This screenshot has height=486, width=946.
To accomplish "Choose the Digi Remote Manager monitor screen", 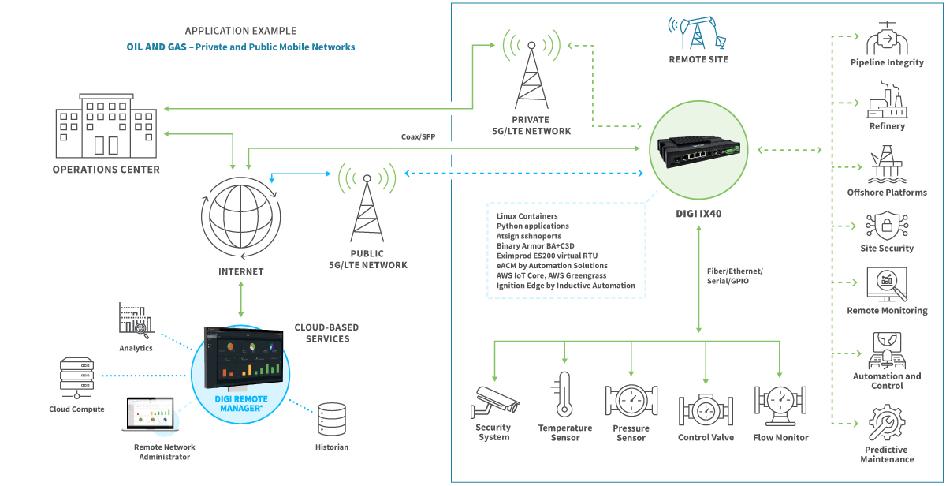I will point(242,357).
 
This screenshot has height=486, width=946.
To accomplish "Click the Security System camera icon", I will point(494,400).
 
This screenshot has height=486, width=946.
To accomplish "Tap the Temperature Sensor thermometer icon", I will point(564,394).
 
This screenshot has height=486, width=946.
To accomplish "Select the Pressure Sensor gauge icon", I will point(631,400).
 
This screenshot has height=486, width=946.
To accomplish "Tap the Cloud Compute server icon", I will point(76,379).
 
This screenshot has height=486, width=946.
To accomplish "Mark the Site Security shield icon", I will point(886,225).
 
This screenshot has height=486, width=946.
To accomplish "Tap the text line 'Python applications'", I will point(533,226).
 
